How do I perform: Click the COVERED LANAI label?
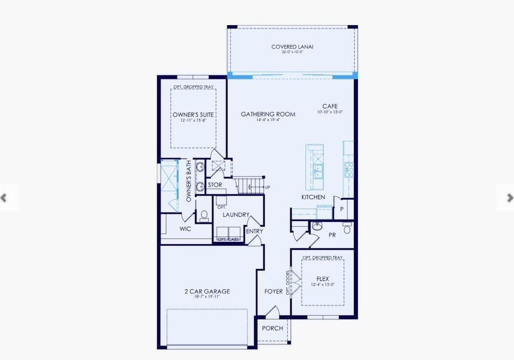point(292,46)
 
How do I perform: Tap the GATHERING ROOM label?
point(267,114)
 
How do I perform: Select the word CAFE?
point(330,106)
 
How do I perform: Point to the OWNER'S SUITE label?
point(194,114)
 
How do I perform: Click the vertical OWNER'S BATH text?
point(188,181)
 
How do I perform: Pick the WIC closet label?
point(185,229)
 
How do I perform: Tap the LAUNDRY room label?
point(236,214)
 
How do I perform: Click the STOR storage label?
point(215,185)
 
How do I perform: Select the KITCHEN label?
point(313,197)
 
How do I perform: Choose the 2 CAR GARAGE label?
point(207,292)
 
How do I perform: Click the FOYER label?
point(273,292)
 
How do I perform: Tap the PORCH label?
point(272,328)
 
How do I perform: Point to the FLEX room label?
point(323,278)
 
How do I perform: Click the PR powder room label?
point(332,235)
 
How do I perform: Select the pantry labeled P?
point(342,209)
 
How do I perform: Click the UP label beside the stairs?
point(267,187)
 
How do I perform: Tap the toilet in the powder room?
point(347,229)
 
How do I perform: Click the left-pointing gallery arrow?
point(4,197)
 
